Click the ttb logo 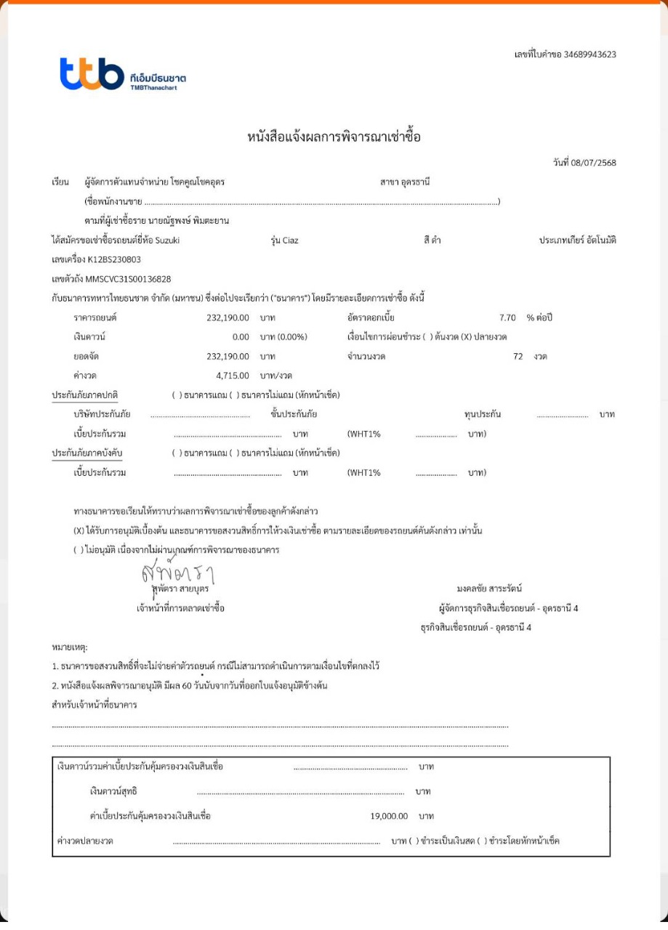(x=92, y=74)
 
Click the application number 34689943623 (x=585, y=54)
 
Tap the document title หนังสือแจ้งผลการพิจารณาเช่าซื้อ (x=334, y=137)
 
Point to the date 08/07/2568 (x=594, y=163)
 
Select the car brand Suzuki (x=167, y=240)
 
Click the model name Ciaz (x=289, y=240)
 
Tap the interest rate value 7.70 (x=508, y=318)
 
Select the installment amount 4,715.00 (x=233, y=376)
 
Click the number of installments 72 (x=518, y=357)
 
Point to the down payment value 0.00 (x=241, y=337)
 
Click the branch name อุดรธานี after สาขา (x=416, y=182)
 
